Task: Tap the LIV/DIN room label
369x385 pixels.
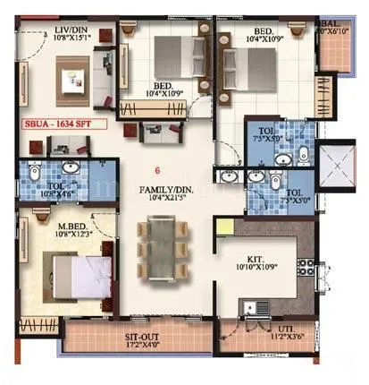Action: (69, 29)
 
